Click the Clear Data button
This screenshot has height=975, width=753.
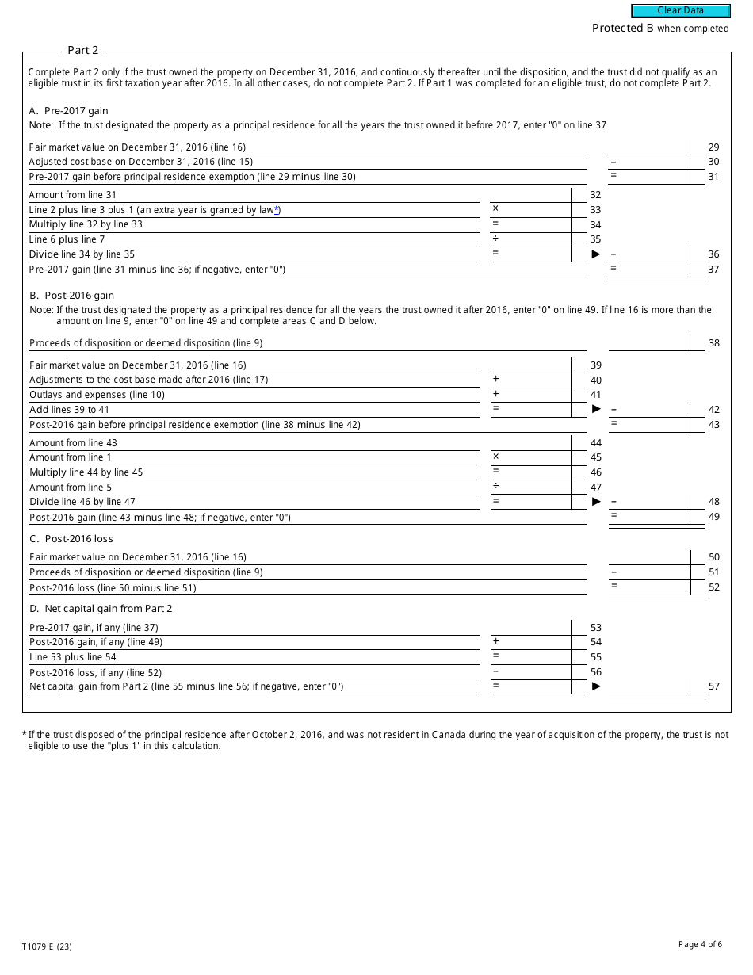(680, 11)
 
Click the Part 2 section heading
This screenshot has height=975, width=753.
(82, 50)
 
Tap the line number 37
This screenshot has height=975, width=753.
(713, 270)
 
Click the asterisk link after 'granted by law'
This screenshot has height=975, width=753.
(277, 209)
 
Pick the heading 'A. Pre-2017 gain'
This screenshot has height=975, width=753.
(68, 111)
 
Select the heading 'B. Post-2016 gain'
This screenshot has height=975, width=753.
(71, 296)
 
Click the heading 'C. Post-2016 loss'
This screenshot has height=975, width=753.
(71, 539)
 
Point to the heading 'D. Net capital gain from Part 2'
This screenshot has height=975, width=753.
(101, 609)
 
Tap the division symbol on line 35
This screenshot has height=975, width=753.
(495, 239)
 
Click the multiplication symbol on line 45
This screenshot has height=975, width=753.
(495, 457)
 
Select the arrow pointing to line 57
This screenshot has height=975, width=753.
(596, 686)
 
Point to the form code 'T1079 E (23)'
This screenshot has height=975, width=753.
(47, 946)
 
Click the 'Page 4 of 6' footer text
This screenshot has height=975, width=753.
(700, 944)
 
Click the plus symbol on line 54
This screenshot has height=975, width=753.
(495, 641)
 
